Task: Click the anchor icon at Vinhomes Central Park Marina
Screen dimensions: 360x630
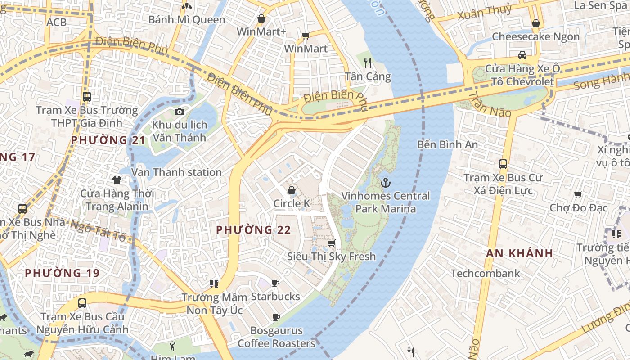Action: click(385, 183)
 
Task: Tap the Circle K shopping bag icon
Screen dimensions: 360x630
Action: click(292, 190)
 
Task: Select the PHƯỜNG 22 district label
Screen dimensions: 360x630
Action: click(253, 230)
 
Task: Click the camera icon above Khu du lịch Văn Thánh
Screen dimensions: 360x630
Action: click(180, 112)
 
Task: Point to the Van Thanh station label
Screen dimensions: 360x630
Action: click(176, 172)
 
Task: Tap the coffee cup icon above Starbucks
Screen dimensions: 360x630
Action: click(275, 283)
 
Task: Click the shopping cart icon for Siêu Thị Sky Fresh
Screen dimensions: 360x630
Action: click(332, 243)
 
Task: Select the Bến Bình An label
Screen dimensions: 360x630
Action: click(447, 144)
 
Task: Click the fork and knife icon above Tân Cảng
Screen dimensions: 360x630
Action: click(368, 63)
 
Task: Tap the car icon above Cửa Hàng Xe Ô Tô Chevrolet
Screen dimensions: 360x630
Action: click(522, 55)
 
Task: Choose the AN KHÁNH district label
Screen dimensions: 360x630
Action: click(519, 253)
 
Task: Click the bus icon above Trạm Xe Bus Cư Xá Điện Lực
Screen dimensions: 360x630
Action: click(503, 164)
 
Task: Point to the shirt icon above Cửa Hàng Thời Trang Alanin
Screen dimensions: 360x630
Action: click(117, 180)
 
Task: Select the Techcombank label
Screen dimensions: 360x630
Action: click(485, 273)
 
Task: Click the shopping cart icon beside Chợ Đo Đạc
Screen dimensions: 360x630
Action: click(578, 194)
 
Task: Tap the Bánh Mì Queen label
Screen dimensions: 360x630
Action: click(187, 20)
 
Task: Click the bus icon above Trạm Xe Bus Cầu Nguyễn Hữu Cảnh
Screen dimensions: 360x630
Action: click(82, 303)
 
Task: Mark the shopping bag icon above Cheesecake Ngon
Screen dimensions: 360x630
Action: click(535, 23)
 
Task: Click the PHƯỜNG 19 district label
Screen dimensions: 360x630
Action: click(62, 273)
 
